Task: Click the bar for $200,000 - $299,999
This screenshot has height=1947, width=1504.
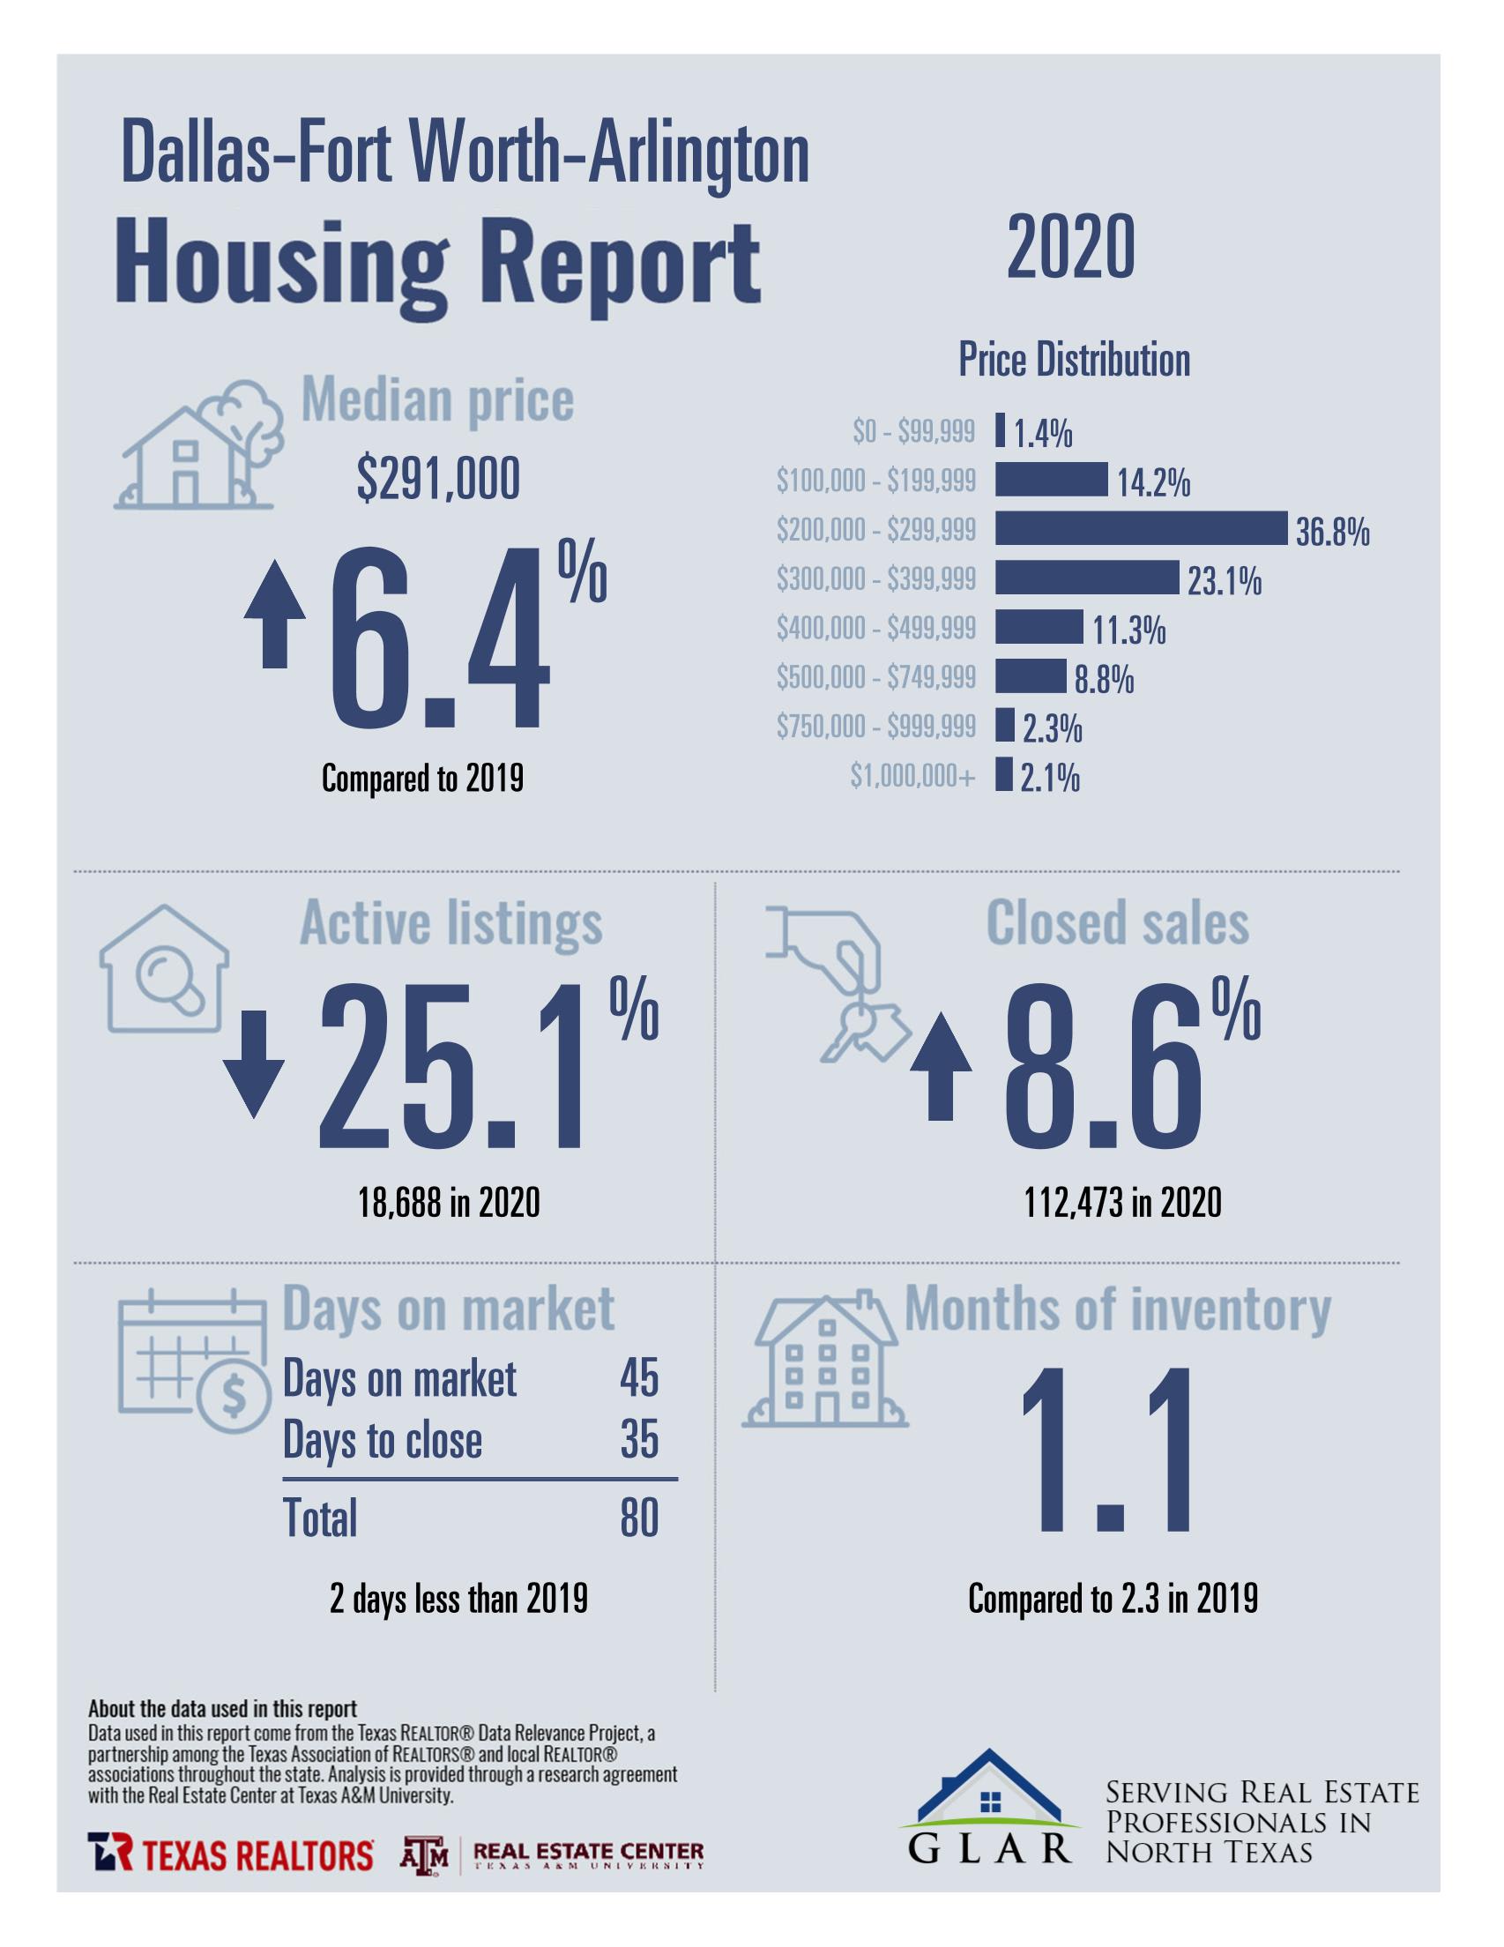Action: (x=1141, y=529)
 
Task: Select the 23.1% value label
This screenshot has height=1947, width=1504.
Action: (x=1224, y=582)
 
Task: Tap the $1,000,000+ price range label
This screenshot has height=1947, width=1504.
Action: (x=913, y=778)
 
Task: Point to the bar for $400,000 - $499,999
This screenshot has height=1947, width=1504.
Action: (x=1039, y=627)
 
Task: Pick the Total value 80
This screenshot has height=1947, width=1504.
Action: (x=639, y=1518)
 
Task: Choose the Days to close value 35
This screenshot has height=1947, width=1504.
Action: (x=639, y=1440)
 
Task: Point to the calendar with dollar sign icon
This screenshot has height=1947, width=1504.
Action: (x=192, y=1358)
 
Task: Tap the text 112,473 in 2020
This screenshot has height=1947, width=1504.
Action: (x=1121, y=1204)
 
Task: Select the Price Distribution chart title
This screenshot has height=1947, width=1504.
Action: (x=1074, y=360)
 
